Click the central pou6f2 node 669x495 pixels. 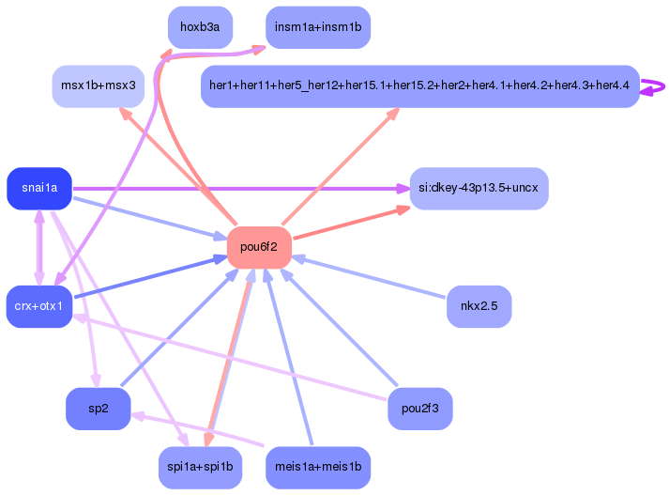[x=259, y=247]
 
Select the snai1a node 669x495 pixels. [x=39, y=189]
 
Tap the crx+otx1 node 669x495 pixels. [x=39, y=306]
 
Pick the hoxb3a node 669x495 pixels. [x=200, y=27]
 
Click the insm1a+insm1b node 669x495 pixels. [x=318, y=27]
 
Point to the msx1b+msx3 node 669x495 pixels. [x=99, y=86]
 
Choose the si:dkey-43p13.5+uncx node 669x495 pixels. [x=479, y=189]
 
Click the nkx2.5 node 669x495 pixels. [x=479, y=306]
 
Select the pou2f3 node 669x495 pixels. [x=419, y=409]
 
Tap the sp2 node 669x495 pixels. [x=99, y=409]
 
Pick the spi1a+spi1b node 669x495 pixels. [x=200, y=467]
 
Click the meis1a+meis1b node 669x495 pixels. [x=318, y=467]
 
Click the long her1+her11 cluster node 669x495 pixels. [x=419, y=86]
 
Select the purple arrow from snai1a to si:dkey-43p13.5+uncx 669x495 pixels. [x=241, y=189]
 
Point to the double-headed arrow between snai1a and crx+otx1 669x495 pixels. [x=39, y=248]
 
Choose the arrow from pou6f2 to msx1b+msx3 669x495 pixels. [x=178, y=166]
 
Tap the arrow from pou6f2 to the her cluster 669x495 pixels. [x=341, y=166]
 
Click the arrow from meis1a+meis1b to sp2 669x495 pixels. [x=198, y=429]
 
